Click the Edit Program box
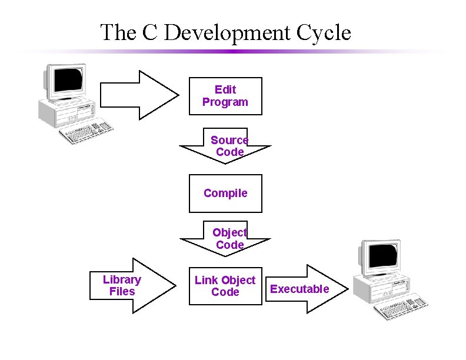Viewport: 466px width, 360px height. click(x=225, y=96)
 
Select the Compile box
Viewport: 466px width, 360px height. click(x=225, y=194)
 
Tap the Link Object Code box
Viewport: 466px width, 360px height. click(x=225, y=286)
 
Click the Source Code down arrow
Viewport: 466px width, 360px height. click(x=225, y=146)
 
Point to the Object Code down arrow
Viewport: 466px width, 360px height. click(x=225, y=239)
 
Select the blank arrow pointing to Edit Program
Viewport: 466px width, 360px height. click(x=139, y=95)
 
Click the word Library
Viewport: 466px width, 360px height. click(x=122, y=279)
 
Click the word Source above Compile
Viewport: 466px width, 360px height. click(x=229, y=140)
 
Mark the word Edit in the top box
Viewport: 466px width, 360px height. click(x=225, y=89)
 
